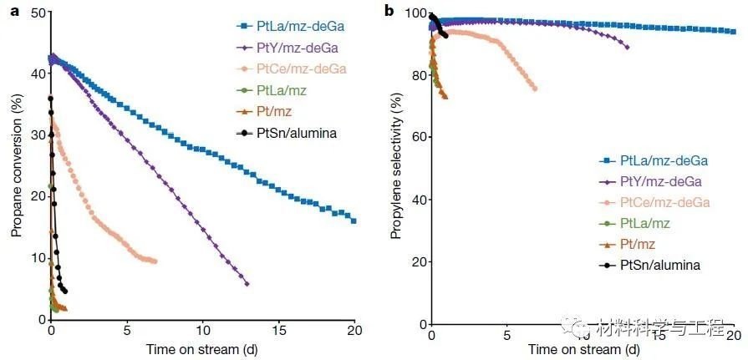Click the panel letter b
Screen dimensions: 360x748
(x=389, y=11)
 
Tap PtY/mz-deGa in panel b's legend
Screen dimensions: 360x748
(x=664, y=181)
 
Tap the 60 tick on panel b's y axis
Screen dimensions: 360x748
(x=416, y=137)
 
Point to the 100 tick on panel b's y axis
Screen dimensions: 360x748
(x=414, y=13)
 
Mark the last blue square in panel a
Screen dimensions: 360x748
(x=354, y=221)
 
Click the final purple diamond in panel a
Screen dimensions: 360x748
(x=247, y=284)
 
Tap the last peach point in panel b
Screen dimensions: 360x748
(x=534, y=89)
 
